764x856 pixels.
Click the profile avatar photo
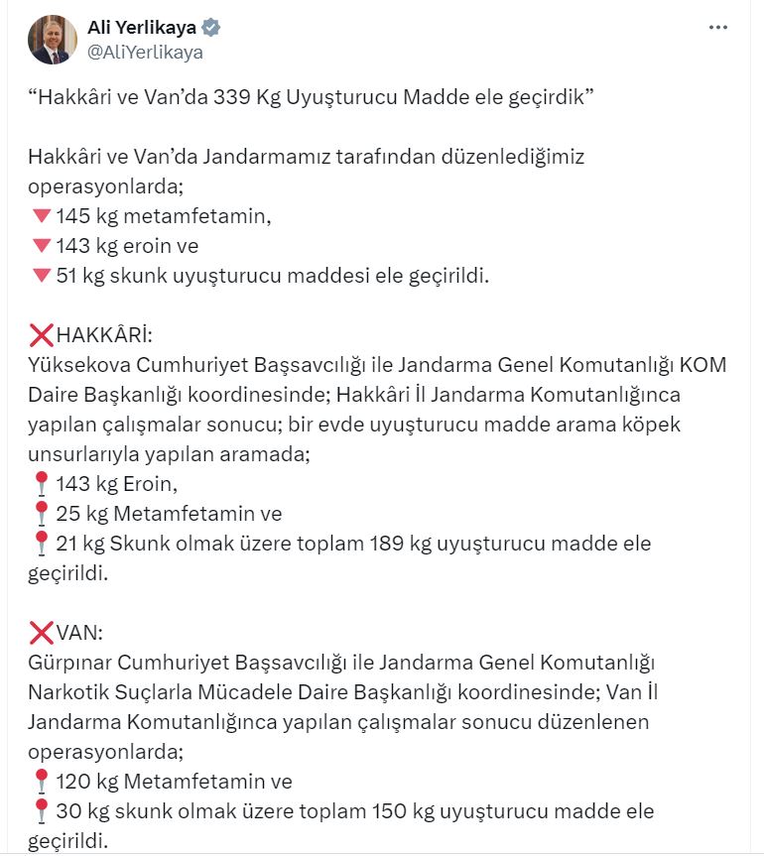tap(54, 40)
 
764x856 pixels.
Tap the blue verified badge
tap(212, 27)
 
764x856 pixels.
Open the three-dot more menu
tap(718, 28)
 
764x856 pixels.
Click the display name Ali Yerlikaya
tap(142, 27)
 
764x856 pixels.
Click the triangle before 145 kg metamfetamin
tap(41, 216)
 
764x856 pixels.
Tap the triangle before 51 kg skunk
tap(41, 275)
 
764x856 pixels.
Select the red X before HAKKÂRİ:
tap(41, 334)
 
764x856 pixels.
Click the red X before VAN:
tap(41, 632)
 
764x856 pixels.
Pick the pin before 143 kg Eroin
tap(41, 484)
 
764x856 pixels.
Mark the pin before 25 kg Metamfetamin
tap(41, 514)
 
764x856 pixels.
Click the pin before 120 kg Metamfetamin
tap(41, 781)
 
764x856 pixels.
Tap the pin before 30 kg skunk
tap(41, 810)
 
